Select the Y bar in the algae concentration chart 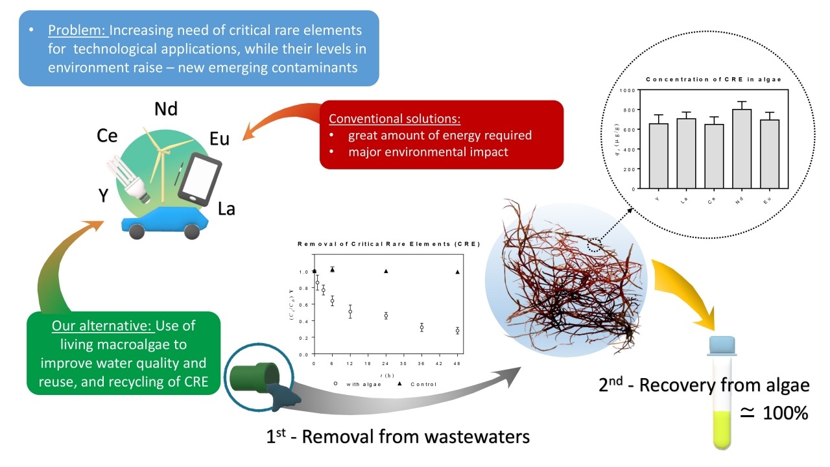pyautogui.click(x=658, y=156)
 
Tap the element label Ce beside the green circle pyautogui.click(x=107, y=136)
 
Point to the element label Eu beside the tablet pyautogui.click(x=219, y=139)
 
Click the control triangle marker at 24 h pyautogui.click(x=386, y=271)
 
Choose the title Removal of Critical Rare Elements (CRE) pyautogui.click(x=388, y=245)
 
